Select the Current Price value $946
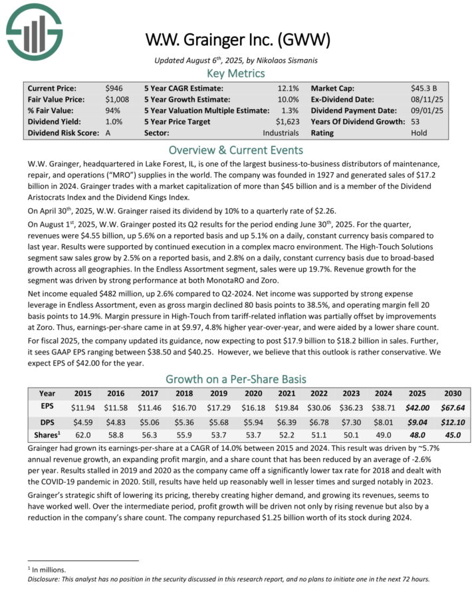click(114, 88)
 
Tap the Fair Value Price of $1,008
click(117, 99)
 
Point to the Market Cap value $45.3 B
click(423, 88)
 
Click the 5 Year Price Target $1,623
click(287, 122)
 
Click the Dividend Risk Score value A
click(108, 133)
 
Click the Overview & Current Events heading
click(236, 150)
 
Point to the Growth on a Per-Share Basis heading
click(236, 379)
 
